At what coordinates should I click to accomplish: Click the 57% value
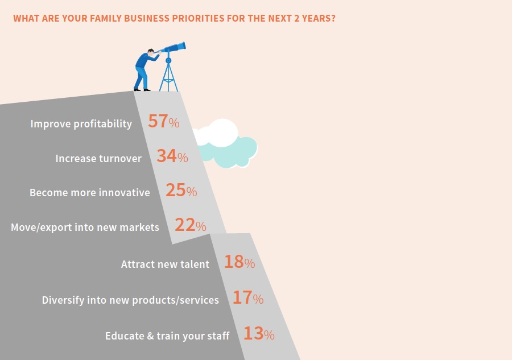pyautogui.click(x=164, y=121)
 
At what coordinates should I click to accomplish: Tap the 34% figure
pyautogui.click(x=172, y=156)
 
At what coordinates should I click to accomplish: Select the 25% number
pyautogui.click(x=181, y=191)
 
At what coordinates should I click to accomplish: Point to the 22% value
pyautogui.click(x=191, y=225)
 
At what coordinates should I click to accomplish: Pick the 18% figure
pyautogui.click(x=240, y=262)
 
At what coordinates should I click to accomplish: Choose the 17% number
pyautogui.click(x=248, y=297)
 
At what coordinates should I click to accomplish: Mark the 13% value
pyautogui.click(x=259, y=334)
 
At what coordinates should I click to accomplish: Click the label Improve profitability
pyautogui.click(x=81, y=124)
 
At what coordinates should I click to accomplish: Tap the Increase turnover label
pyautogui.click(x=98, y=158)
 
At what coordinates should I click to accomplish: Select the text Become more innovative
pyautogui.click(x=90, y=193)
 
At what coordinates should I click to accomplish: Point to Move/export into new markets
pyautogui.click(x=85, y=227)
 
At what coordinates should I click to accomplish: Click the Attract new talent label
pyautogui.click(x=165, y=264)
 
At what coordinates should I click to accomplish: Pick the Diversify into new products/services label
pyautogui.click(x=130, y=300)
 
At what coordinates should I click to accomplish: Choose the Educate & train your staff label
pyautogui.click(x=167, y=336)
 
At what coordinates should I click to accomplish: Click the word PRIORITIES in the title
pyautogui.click(x=198, y=18)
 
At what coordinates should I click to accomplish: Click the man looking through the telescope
pyautogui.click(x=145, y=70)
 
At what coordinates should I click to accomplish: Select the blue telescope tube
pyautogui.click(x=172, y=48)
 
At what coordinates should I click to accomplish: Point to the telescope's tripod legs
pyautogui.click(x=168, y=77)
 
